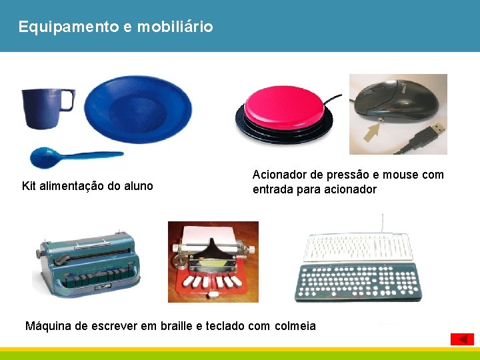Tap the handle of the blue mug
67,101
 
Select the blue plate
139,108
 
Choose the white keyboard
357,247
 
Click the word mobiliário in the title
175,27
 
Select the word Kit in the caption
29,186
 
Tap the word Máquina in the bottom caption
48,326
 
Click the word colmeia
295,326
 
